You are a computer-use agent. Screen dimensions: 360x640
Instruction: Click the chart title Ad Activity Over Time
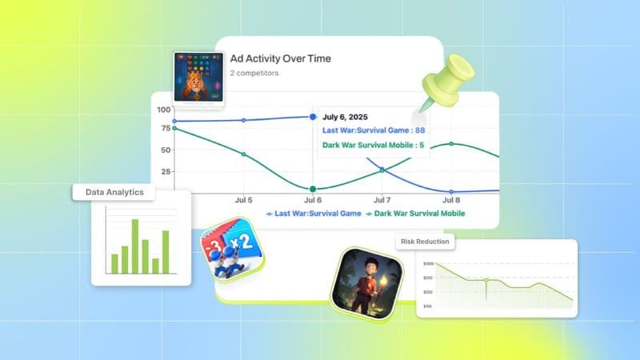tap(280, 58)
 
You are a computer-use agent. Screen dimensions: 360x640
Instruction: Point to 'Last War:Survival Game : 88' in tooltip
tap(374, 130)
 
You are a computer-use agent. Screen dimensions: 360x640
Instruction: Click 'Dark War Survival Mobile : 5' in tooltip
tap(373, 146)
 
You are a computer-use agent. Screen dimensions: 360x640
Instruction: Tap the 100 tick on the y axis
tap(164, 110)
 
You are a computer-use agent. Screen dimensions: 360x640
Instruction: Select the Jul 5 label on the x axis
tap(244, 200)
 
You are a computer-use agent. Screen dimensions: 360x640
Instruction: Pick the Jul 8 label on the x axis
tap(451, 200)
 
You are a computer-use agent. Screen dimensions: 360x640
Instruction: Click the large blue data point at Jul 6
tap(313, 117)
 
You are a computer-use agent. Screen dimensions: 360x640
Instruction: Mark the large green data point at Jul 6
tap(313, 190)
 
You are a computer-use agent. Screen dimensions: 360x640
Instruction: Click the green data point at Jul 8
tap(451, 144)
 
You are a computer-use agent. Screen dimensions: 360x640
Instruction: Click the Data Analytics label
tap(114, 192)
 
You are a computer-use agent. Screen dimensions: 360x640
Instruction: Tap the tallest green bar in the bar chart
tap(135, 246)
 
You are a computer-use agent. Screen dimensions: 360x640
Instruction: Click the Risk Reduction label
tap(422, 241)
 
